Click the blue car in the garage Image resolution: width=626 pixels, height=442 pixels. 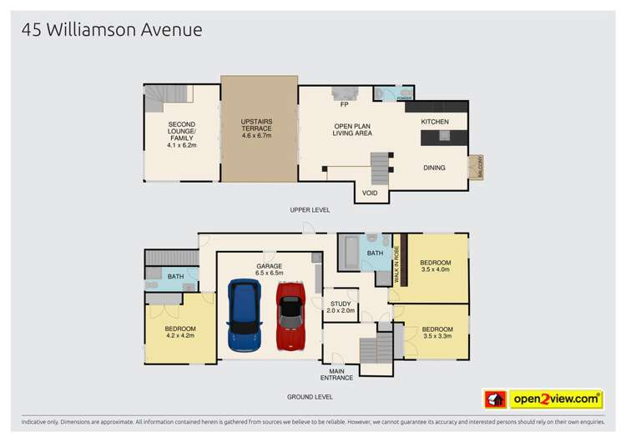244,317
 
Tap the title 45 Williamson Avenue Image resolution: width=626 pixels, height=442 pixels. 112,31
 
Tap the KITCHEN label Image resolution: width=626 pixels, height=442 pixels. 434,122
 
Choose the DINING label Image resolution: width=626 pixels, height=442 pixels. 434,168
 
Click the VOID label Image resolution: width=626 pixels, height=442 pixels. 370,193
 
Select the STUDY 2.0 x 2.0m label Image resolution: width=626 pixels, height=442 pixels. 341,307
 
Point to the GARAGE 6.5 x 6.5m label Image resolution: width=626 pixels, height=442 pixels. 270,269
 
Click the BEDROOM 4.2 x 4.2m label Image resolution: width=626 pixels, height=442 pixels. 180,332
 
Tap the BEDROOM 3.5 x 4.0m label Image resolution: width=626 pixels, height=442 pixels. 436,266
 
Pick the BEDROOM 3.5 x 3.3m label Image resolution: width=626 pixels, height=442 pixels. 437,332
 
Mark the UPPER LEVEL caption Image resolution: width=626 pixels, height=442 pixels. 309,210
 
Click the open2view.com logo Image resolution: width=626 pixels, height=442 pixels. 556,399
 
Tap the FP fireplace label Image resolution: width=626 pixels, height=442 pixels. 344,104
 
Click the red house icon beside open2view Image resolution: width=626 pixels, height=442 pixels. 495,399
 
